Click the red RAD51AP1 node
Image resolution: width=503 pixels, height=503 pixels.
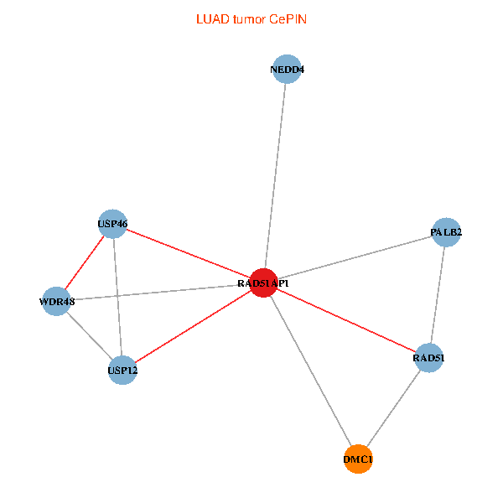pyautogui.click(x=263, y=283)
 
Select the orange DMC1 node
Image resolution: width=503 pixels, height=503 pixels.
pyautogui.click(x=358, y=459)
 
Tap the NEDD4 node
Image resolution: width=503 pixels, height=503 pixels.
pyautogui.click(x=287, y=69)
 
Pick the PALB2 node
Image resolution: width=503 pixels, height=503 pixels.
pyautogui.click(x=446, y=232)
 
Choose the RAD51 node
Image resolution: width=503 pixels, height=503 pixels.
pyautogui.click(x=429, y=358)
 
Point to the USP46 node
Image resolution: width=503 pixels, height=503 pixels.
pyautogui.click(x=112, y=224)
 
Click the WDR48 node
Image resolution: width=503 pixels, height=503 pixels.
pyautogui.click(x=56, y=301)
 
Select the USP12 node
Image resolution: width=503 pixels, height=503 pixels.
pyautogui.click(x=122, y=371)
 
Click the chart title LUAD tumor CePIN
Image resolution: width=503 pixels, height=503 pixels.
pyautogui.click(x=251, y=19)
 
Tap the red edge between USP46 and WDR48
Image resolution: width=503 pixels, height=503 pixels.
pyautogui.click(x=85, y=262)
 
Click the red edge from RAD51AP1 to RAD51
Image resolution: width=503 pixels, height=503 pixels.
pyautogui.click(x=346, y=320)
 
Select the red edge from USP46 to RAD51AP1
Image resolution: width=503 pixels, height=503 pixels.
pyautogui.click(x=188, y=253)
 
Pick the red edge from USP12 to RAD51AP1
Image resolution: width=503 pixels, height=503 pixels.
pyautogui.click(x=193, y=327)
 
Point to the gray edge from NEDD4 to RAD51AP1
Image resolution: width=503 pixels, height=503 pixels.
pyautogui.click(x=275, y=176)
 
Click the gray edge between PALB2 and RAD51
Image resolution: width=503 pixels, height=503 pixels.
pyautogui.click(x=438, y=295)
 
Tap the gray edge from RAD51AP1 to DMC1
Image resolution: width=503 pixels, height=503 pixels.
pyautogui.click(x=311, y=371)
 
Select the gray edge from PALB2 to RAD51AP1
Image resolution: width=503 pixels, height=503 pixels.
pyautogui.click(x=355, y=257)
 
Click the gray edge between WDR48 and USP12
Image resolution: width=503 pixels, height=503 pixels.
pyautogui.click(x=90, y=335)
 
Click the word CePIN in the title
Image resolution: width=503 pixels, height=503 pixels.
pyautogui.click(x=288, y=19)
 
